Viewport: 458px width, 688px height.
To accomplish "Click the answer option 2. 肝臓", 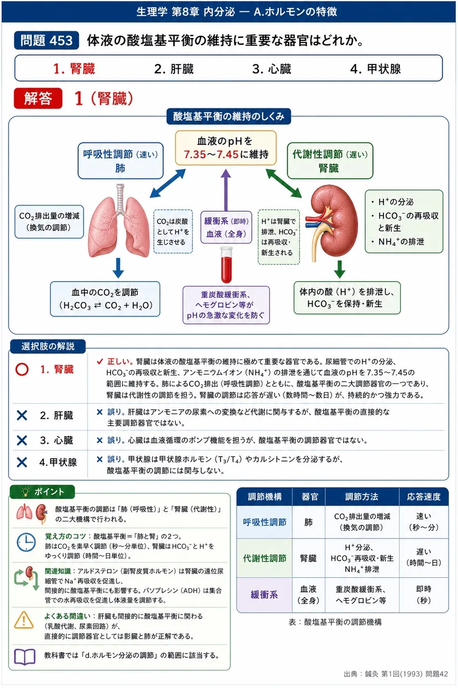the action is [x=173, y=69].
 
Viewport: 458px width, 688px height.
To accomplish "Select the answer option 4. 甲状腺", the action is [x=375, y=69].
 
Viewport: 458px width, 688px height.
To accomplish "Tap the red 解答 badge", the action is [x=38, y=98].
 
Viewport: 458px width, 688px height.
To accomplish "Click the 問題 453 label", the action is [x=46, y=40].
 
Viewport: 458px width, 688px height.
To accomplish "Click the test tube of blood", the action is [x=227, y=265].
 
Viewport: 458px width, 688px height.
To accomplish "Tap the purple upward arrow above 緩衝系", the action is [x=226, y=190].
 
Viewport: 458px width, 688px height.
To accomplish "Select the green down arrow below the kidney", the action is [x=339, y=269].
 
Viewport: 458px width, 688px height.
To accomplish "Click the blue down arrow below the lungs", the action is [x=118, y=268].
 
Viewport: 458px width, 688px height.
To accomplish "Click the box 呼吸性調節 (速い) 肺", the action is [x=121, y=161].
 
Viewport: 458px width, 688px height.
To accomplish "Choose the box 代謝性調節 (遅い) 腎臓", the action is [x=330, y=161].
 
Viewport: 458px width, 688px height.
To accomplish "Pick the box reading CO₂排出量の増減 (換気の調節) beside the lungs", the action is [x=49, y=222].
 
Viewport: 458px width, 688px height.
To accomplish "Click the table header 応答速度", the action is [x=424, y=497].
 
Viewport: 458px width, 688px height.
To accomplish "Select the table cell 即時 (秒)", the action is [x=424, y=594].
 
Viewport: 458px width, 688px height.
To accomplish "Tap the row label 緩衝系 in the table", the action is [x=264, y=595].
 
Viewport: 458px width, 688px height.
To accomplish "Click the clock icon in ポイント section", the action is [x=26, y=542].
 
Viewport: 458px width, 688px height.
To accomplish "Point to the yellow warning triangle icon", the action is [x=24, y=620].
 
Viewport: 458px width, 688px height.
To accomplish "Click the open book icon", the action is [x=25, y=657].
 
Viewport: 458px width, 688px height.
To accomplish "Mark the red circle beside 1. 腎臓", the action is [x=22, y=369].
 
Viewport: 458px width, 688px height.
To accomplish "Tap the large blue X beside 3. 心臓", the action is [x=22, y=440].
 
